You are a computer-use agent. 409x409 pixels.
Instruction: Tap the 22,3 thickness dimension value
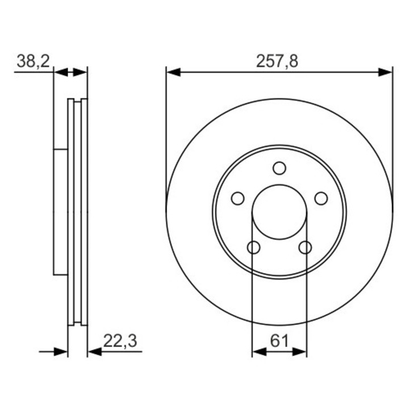click(x=120, y=341)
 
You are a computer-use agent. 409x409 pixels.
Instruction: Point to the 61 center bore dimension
click(x=279, y=341)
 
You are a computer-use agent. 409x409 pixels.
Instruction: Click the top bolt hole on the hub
click(x=279, y=168)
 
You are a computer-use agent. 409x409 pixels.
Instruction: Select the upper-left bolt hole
click(x=237, y=198)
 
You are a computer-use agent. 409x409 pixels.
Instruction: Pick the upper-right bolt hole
click(x=321, y=198)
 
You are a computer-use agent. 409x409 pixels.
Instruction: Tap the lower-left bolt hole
click(x=253, y=248)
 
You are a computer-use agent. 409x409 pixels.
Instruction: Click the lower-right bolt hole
click(x=305, y=248)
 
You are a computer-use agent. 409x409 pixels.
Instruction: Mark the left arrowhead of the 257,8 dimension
click(x=173, y=72)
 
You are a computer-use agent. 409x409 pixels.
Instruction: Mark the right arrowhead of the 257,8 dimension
click(x=386, y=72)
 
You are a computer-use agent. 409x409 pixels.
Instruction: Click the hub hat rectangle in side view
click(x=61, y=212)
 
